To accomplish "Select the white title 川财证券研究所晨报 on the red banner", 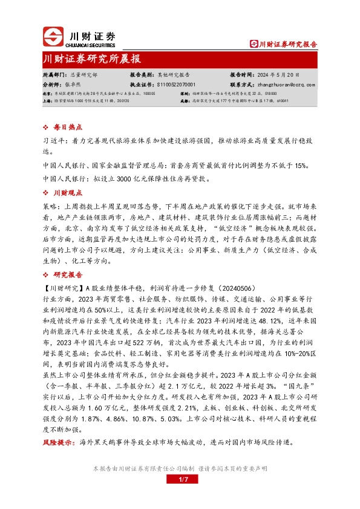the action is click(x=92, y=59).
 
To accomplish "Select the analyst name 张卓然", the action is click(x=73, y=85).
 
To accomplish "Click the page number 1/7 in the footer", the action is click(x=180, y=479).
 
